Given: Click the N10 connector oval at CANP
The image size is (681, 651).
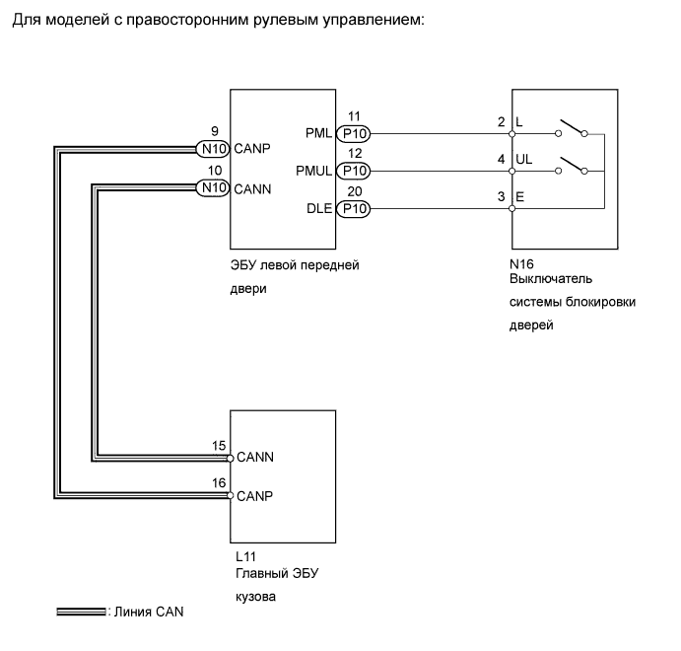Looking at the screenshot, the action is tap(212, 149).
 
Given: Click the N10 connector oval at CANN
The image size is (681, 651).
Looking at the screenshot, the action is tap(212, 187).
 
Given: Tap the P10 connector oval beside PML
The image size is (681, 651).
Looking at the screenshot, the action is tap(354, 134).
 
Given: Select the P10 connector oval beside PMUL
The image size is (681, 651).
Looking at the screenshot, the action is tap(354, 172).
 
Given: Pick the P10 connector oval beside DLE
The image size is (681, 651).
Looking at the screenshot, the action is tap(354, 208).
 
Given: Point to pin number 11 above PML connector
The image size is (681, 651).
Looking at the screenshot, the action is tap(354, 116).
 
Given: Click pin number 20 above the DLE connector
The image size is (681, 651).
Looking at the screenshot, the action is tap(355, 191).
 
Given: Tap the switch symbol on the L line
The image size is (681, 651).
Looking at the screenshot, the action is tap(572, 128).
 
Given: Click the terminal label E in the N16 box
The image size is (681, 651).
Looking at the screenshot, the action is tap(520, 197).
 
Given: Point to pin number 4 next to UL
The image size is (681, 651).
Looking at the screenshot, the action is tap(502, 159).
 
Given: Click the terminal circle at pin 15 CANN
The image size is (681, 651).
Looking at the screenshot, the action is tap(230, 458).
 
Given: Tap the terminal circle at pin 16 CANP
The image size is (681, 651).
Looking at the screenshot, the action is tap(230, 495).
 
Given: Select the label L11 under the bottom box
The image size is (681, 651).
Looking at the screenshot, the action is tap(245, 556).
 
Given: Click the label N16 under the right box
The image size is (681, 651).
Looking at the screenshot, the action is tap(521, 263).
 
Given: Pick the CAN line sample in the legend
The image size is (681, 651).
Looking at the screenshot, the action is tap(81, 612).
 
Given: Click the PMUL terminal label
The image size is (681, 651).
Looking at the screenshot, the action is tap(313, 171).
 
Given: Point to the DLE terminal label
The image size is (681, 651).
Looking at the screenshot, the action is tap(319, 208).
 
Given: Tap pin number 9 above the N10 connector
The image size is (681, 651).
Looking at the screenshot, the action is tap(215, 131).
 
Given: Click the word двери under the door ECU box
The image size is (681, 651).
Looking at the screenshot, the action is tap(248, 289).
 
